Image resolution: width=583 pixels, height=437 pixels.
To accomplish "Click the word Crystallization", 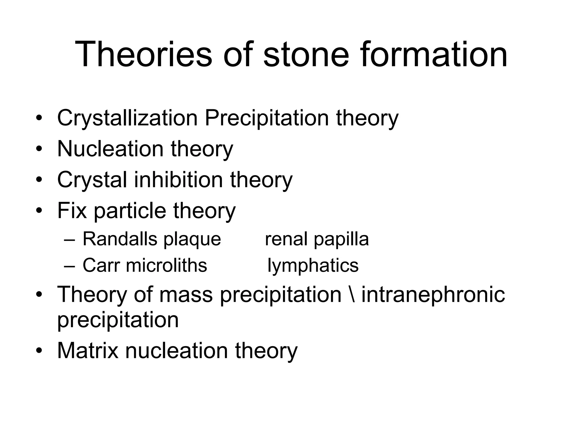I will click(127, 118).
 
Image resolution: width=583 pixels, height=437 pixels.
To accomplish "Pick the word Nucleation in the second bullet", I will click(110, 149).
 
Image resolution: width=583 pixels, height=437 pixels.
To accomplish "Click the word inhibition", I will click(178, 180).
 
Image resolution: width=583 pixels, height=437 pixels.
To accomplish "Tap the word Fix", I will click(72, 211).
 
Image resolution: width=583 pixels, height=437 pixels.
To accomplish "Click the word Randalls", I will click(119, 239).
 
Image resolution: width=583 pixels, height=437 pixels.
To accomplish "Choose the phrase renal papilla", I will click(317, 239).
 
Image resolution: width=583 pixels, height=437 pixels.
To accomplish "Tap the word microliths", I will click(166, 265).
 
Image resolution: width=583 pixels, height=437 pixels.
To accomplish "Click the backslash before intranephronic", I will click(351, 294).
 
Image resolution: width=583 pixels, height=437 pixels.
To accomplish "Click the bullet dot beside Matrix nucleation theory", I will click(39, 351).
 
